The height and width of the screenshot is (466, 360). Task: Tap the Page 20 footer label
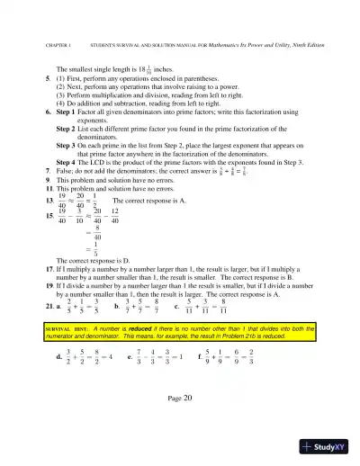[x=180, y=397]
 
